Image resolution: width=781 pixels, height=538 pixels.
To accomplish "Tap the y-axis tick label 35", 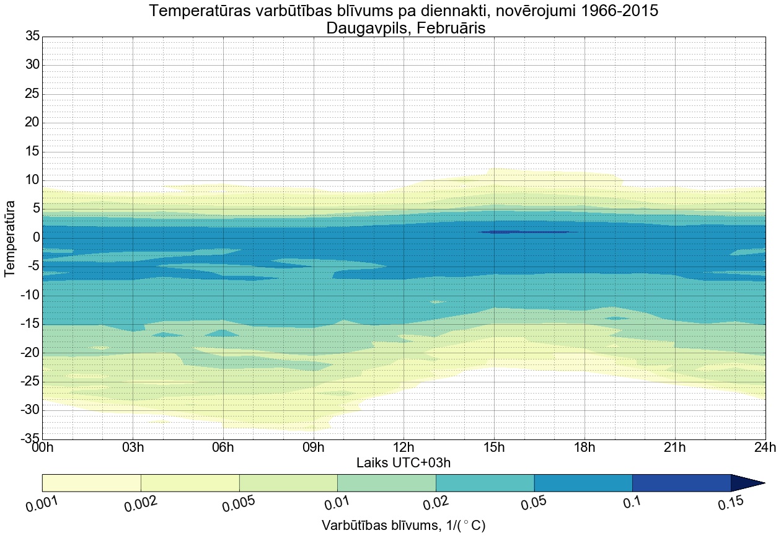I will [32, 37].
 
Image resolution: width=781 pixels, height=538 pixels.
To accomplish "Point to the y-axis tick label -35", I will [30, 439].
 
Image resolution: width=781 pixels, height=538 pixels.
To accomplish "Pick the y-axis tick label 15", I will [32, 152].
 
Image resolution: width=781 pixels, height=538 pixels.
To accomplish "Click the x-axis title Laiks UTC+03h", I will [404, 463].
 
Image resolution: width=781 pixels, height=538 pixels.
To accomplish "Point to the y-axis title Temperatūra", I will [11, 238].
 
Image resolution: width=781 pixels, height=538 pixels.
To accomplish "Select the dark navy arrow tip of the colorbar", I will [748, 483].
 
